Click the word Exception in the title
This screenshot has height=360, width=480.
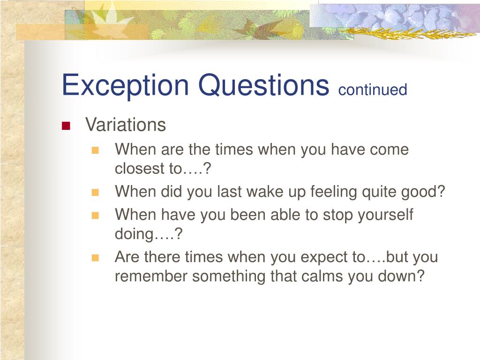[126, 85]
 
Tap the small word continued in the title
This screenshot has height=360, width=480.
[373, 90]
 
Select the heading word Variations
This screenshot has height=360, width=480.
[126, 125]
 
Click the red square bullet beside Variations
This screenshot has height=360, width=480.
[66, 126]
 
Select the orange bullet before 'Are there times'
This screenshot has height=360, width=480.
[96, 258]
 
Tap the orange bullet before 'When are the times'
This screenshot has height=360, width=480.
[96, 150]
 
